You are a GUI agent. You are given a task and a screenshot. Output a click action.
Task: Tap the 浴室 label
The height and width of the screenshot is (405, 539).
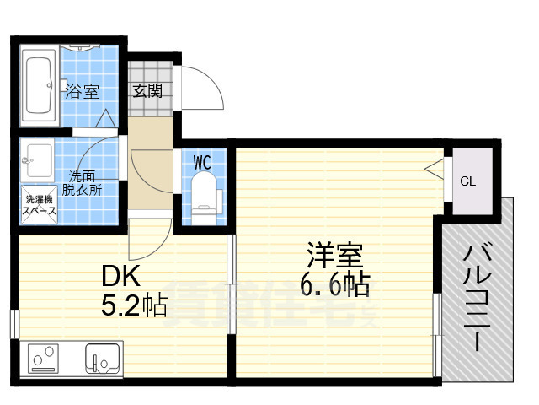(x=83, y=91)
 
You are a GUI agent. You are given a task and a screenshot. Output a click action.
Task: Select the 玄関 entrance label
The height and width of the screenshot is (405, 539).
(x=147, y=90)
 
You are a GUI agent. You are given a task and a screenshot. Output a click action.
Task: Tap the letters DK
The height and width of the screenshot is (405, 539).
(x=120, y=275)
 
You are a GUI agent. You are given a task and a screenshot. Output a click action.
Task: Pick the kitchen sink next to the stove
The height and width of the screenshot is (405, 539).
(x=102, y=359)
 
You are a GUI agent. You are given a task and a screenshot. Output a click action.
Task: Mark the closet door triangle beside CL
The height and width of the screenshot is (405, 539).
(x=435, y=169)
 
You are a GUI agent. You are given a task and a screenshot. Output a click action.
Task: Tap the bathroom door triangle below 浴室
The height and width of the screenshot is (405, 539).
(x=108, y=120)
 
